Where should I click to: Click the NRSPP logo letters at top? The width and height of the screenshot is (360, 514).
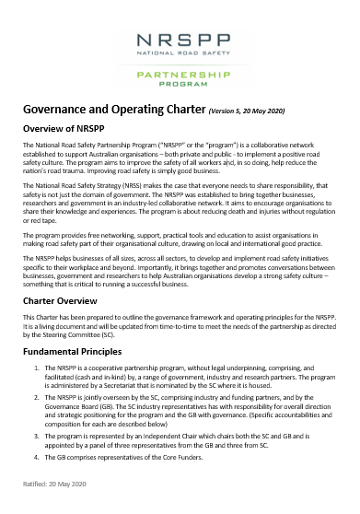click(180, 41)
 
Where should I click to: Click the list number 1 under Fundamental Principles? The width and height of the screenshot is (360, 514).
click(36, 368)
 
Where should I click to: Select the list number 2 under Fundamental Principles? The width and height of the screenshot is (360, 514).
click(36, 394)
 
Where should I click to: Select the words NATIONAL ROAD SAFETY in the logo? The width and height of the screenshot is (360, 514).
click(180, 56)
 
